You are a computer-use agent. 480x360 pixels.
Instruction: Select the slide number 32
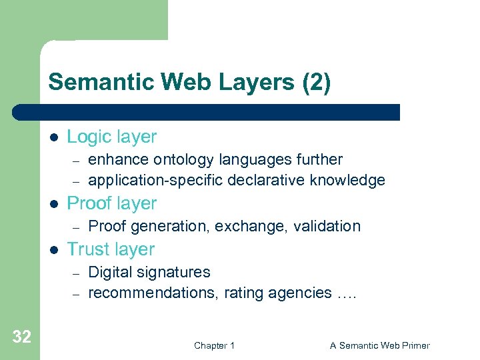click(21, 337)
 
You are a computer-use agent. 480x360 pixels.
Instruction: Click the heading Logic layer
click(111, 137)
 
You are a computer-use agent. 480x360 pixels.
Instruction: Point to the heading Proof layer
click(111, 203)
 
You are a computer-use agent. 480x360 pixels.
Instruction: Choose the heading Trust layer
click(111, 249)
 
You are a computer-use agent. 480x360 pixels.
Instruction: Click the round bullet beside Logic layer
click(53, 137)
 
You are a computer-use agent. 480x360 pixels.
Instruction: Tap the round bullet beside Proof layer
click(53, 204)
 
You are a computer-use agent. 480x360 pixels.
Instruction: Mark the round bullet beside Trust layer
click(53, 250)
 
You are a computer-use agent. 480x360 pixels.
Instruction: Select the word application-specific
click(156, 180)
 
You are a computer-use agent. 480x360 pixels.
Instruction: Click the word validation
click(327, 226)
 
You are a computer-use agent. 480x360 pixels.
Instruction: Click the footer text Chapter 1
click(214, 345)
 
